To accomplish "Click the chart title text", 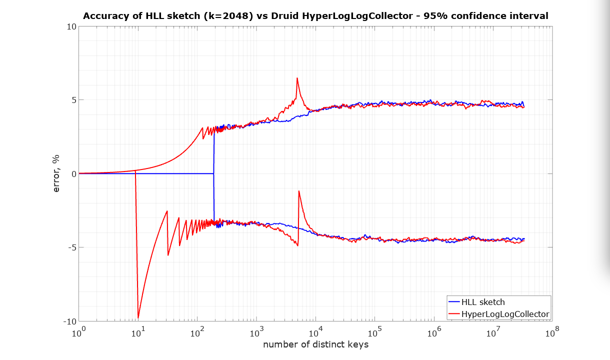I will click(x=315, y=16).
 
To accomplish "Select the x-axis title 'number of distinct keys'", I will click(x=315, y=344).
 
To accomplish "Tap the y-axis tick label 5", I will click(x=72, y=100).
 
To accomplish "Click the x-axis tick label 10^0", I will click(x=79, y=332).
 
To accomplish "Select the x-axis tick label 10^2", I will click(x=197, y=332).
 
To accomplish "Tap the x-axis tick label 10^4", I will click(x=315, y=332).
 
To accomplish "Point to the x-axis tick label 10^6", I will click(x=434, y=332).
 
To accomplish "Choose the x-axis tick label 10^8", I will click(x=552, y=332).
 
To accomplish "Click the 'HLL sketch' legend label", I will click(x=483, y=302).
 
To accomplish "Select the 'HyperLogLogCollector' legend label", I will click(x=505, y=313).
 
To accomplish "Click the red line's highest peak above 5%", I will click(x=297, y=78).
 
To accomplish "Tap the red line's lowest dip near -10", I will click(x=138, y=317).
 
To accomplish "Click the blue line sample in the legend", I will click(x=454, y=302).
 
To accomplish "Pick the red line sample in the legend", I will click(x=454, y=313).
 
